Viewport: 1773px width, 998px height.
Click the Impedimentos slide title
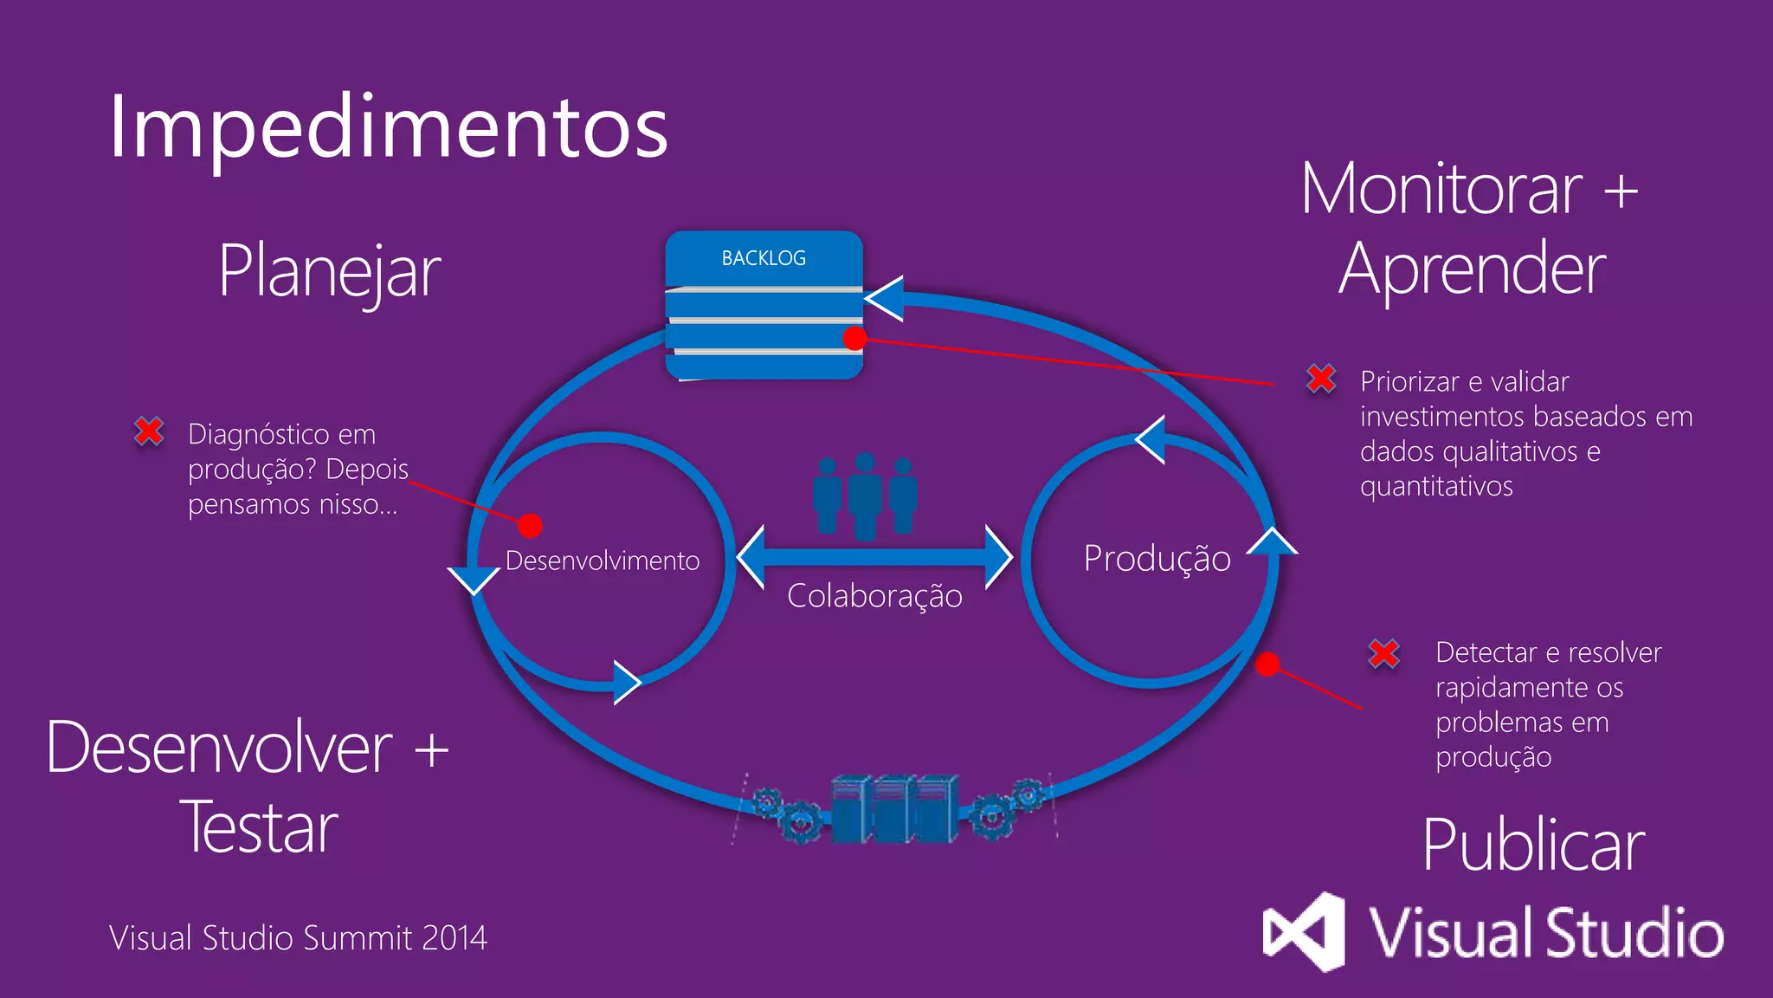pos(388,128)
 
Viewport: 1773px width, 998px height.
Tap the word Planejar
pos(329,272)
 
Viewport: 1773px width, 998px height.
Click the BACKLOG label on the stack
pos(764,258)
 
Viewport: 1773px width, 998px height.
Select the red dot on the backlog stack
pos(854,339)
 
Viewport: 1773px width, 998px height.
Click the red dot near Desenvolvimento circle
pos(530,525)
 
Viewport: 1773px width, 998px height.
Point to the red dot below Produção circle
pos(1267,664)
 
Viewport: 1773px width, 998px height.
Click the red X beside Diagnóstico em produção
pos(149,431)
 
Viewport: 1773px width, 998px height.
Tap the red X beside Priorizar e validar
pos(1321,379)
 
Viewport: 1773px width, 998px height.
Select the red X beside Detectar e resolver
pos(1383,653)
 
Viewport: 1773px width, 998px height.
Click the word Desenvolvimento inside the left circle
pos(602,561)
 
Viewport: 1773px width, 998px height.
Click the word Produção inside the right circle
pos(1157,559)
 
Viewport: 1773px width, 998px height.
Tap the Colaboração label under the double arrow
pos(874,596)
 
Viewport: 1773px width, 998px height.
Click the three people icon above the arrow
pos(865,496)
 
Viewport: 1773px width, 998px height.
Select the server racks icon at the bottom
pos(894,809)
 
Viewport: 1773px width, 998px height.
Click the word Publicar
pos(1532,846)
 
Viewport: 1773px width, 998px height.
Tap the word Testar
pos(258,828)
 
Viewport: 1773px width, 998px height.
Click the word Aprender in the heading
pos(1472,270)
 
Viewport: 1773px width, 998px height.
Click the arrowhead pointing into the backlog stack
pos(886,300)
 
